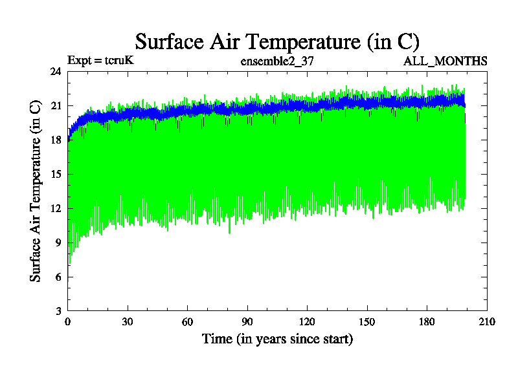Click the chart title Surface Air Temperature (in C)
coord(277,41)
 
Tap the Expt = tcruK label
coord(100,61)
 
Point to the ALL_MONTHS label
coord(445,61)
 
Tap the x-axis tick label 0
coord(68,322)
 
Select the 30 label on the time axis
coord(128,322)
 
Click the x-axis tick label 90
coord(247,322)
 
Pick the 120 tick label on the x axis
coord(307,322)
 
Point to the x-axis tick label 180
coord(427,322)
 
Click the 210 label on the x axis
coord(486,322)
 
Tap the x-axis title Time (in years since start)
coord(277,338)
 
